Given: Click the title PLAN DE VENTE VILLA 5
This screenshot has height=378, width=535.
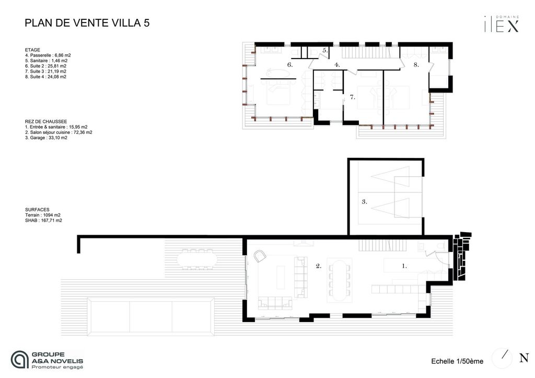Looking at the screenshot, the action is [x=87, y=23].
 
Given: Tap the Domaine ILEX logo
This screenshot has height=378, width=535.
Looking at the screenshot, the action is [x=502, y=24].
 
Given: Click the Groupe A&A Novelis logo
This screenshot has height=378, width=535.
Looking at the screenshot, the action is [x=46, y=360].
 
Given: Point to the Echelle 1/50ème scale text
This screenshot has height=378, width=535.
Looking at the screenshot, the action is [x=457, y=361].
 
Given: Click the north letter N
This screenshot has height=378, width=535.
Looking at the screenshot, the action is [x=524, y=358].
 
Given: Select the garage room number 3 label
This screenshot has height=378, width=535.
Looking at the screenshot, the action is [x=364, y=202].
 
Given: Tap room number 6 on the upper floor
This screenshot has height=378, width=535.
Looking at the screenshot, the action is [x=289, y=64].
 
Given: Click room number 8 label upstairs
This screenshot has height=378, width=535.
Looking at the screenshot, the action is [x=416, y=64].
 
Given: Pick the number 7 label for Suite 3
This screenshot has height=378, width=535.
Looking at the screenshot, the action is [x=353, y=97].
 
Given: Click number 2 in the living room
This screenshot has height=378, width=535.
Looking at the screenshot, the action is [x=318, y=266].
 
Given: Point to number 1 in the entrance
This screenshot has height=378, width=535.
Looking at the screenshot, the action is [x=404, y=266].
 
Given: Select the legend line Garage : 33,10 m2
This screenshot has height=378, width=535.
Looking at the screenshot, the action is [x=46, y=138].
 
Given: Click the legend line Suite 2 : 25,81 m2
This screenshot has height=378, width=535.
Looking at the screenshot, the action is [x=46, y=66].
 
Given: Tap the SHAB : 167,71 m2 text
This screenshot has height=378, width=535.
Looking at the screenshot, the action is [x=43, y=221].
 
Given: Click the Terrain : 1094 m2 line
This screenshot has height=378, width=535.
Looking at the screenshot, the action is [x=43, y=215].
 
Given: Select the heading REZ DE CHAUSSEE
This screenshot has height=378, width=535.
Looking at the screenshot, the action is [x=46, y=122].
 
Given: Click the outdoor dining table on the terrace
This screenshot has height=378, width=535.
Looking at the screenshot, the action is [x=197, y=259].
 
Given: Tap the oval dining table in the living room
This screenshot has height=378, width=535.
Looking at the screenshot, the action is [x=339, y=281].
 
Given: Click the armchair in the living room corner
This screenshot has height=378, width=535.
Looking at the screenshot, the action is [x=260, y=256].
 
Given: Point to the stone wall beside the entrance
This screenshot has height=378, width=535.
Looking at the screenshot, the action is [x=461, y=256].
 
